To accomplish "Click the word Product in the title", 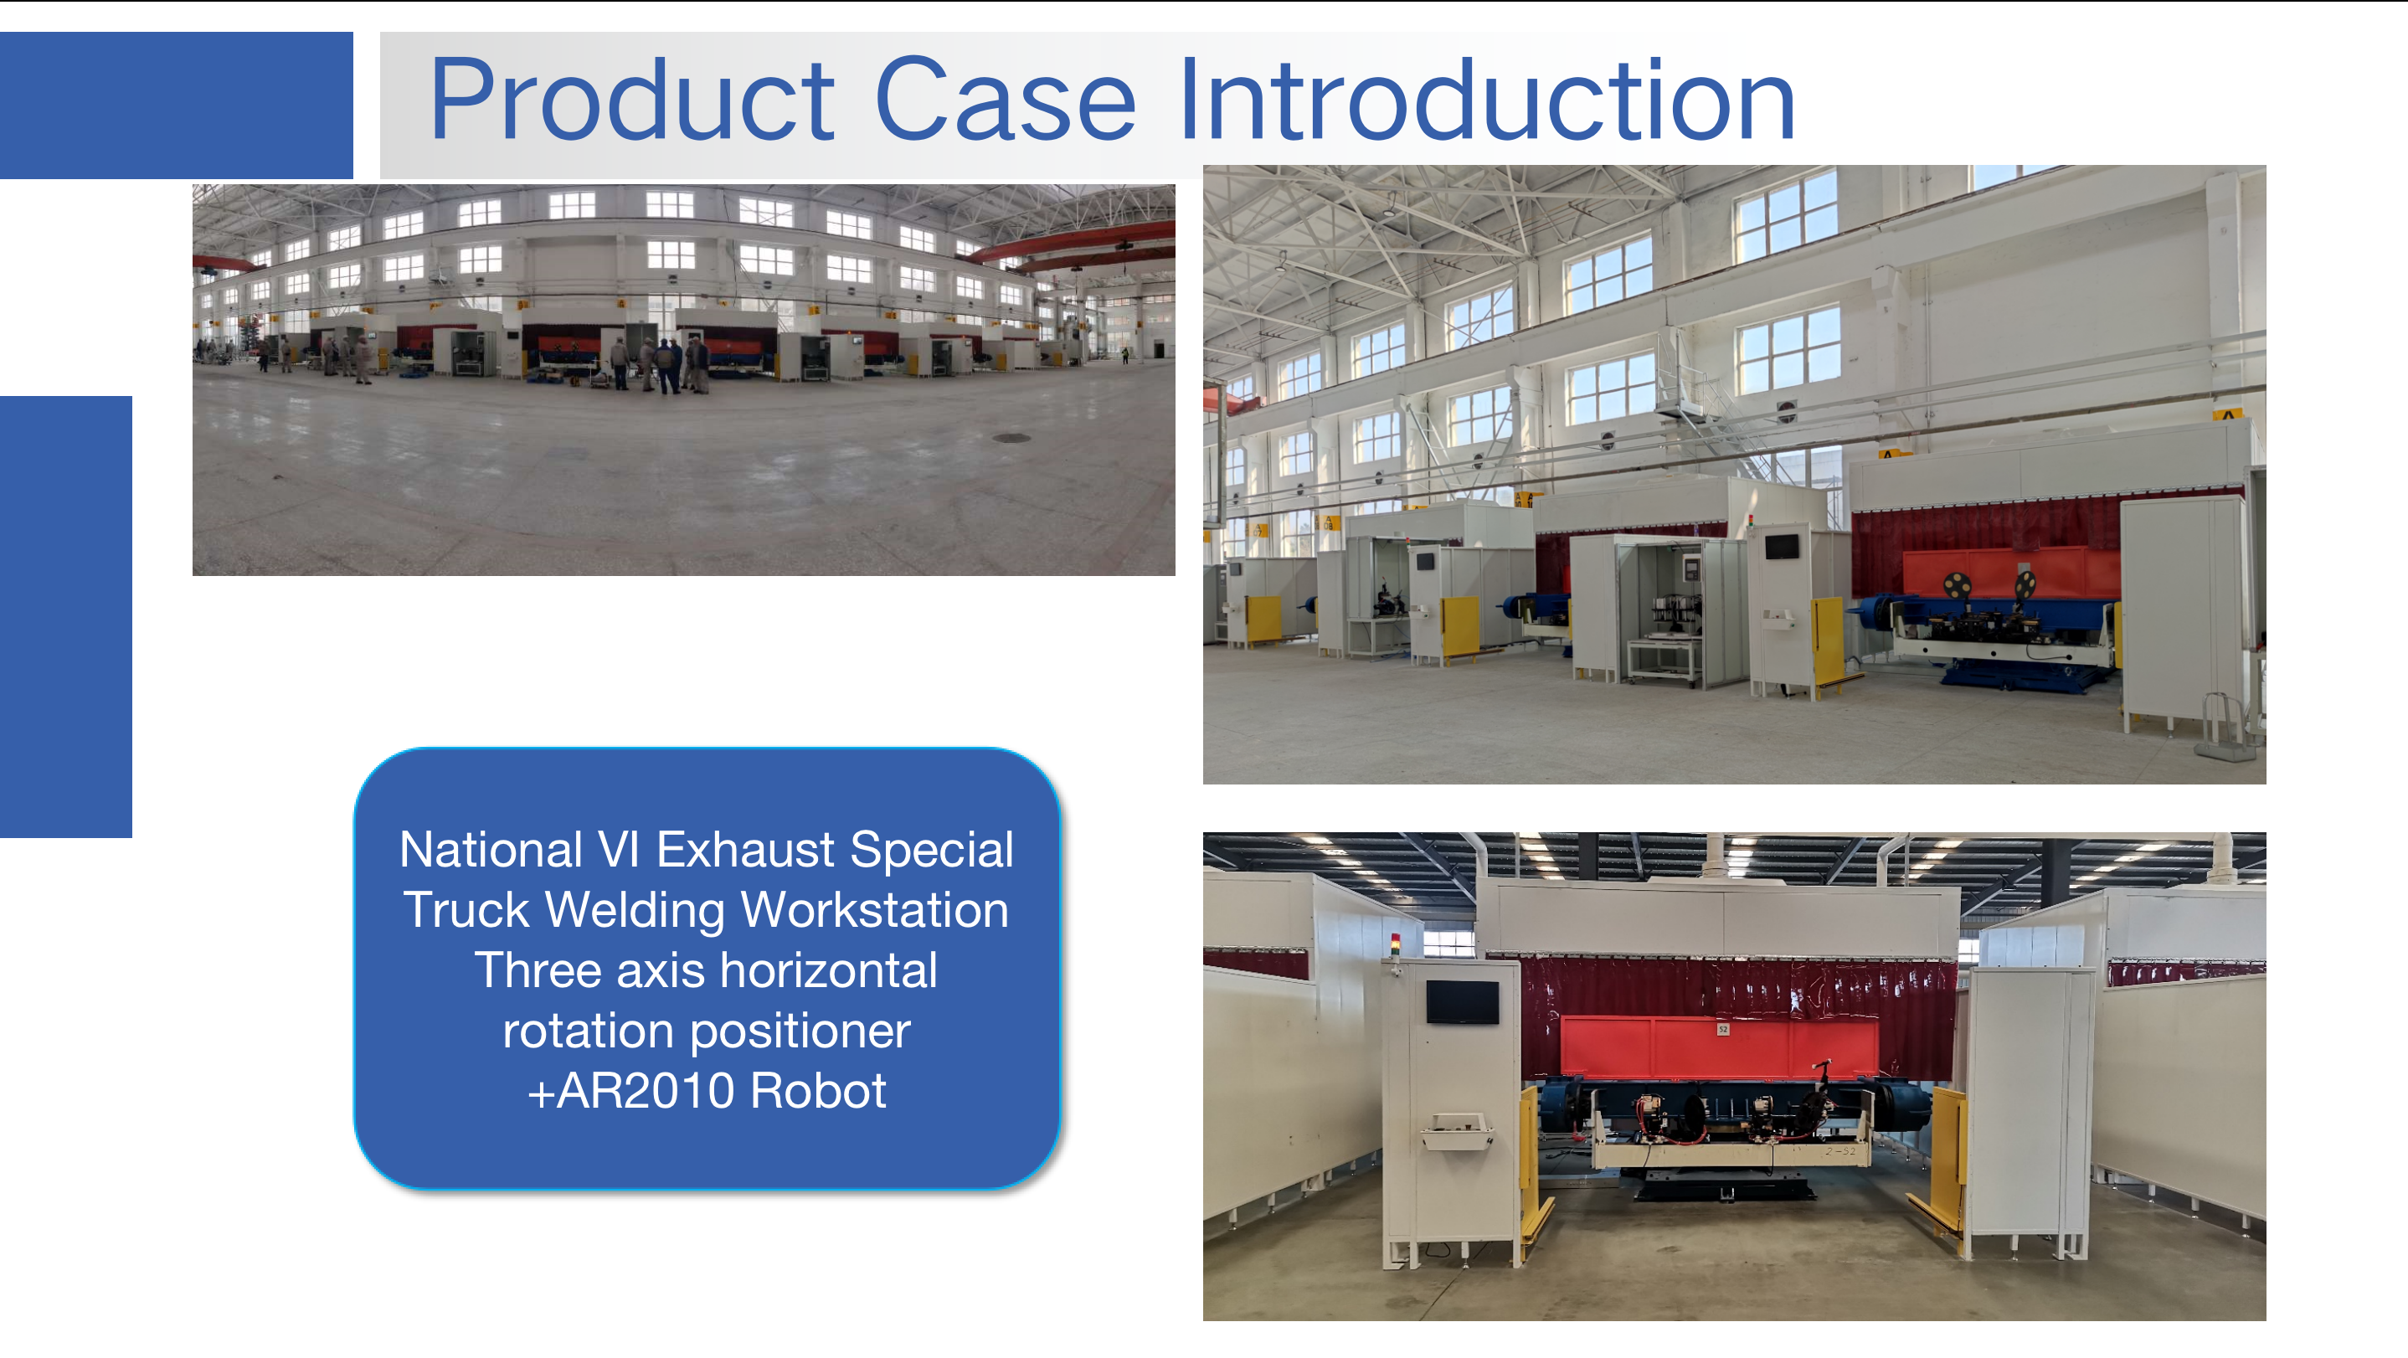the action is [x=632, y=100].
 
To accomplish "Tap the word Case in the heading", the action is [x=1006, y=100].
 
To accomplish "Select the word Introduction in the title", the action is [x=1487, y=100].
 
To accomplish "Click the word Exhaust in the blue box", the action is [x=745, y=851].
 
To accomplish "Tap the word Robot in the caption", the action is [x=818, y=1092].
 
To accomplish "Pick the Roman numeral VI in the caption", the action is [x=619, y=851].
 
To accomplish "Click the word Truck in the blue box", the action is [x=466, y=910].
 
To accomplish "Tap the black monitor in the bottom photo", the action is [x=1462, y=1003].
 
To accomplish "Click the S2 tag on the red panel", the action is [x=1723, y=1029].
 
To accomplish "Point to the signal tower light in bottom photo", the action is [x=1396, y=946].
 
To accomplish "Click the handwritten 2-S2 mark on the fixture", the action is [x=1840, y=1151].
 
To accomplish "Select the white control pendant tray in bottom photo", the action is [x=1456, y=1130].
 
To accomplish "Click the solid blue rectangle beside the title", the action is [x=177, y=105].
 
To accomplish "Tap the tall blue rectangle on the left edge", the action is [x=65, y=617].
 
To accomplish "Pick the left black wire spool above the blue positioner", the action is [x=1956, y=586].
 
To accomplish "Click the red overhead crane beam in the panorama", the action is [x=1074, y=242].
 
